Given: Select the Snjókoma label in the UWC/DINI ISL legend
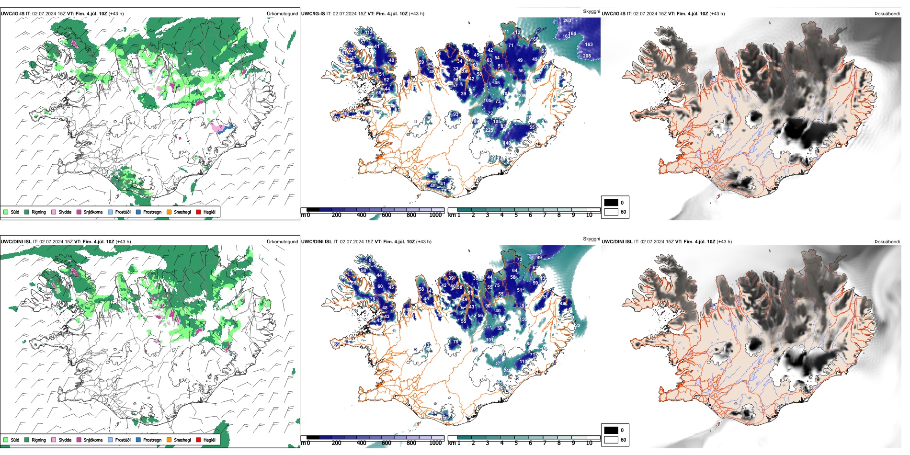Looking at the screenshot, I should tap(93, 440).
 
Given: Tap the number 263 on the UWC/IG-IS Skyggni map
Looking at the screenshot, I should tap(567, 21).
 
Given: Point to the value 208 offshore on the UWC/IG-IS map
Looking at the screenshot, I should tap(587, 56).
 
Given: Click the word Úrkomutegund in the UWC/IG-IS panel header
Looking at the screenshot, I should tap(282, 14).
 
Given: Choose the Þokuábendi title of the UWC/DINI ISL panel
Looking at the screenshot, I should tap(887, 242).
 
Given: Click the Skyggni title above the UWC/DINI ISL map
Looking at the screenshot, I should tap(591, 239).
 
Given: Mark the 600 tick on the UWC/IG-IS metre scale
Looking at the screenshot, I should tap(386, 216).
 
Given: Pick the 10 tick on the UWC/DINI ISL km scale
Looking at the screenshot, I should tap(589, 443).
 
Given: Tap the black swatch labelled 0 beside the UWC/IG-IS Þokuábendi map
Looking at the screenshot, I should tap(611, 203).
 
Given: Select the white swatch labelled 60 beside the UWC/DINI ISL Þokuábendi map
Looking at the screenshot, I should tap(611, 440).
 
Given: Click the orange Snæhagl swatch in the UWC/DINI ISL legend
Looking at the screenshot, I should tap(169, 440).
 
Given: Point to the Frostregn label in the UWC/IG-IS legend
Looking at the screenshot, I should tap(152, 212).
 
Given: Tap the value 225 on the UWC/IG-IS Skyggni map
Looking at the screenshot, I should tap(489, 130).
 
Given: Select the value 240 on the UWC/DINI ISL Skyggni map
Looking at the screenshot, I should tap(507, 370).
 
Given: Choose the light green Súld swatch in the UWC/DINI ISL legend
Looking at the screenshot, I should tap(6, 440).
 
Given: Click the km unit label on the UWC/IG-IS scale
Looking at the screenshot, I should tap(451, 216).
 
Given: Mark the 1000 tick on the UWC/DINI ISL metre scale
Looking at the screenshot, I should tap(435, 443).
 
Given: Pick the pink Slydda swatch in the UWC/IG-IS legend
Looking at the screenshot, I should tap(54, 212).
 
